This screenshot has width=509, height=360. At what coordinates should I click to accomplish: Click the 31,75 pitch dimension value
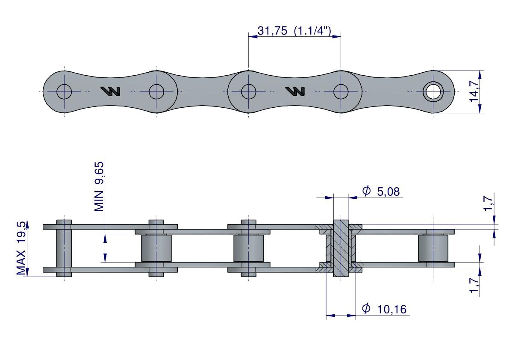(x=272, y=31)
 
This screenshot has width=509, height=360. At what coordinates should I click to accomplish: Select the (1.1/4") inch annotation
(x=312, y=31)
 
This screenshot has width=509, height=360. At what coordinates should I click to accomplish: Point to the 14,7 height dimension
(x=474, y=91)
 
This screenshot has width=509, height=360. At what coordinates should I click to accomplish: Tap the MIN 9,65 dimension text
(x=99, y=187)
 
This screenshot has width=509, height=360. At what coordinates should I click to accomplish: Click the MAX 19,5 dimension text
(x=21, y=248)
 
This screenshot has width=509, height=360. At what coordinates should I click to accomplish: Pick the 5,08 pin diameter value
(x=388, y=192)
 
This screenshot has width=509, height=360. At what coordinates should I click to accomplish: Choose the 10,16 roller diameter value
(x=391, y=309)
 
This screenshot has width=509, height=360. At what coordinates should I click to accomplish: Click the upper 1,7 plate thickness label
(x=488, y=204)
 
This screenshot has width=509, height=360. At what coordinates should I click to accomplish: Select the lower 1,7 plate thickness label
(x=474, y=285)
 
